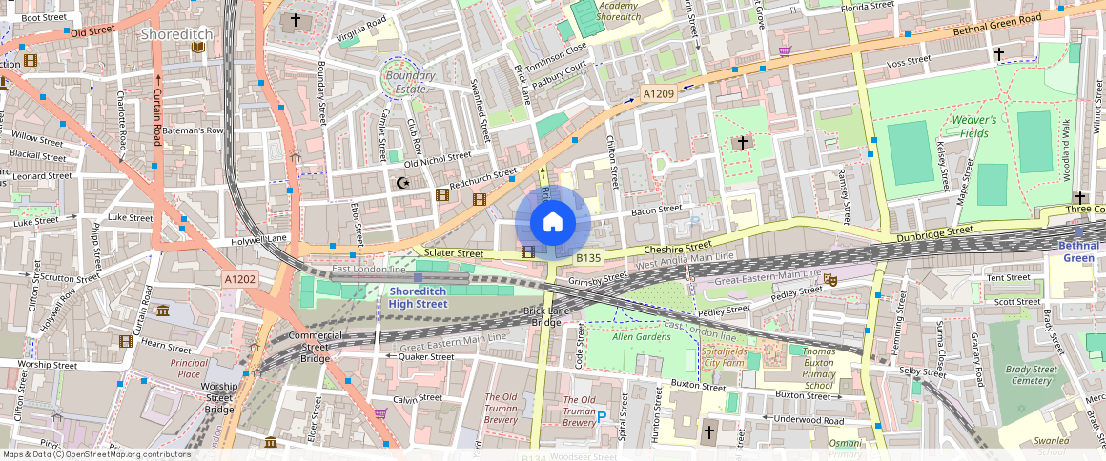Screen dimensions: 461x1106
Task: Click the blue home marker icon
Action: tap(553, 223)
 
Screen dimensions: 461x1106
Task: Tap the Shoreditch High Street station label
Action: tap(418, 297)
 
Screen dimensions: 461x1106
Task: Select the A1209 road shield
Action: tap(658, 93)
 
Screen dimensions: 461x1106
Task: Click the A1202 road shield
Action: tap(239, 279)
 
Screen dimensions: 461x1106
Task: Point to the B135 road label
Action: tap(588, 258)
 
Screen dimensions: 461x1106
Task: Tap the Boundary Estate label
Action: tap(410, 82)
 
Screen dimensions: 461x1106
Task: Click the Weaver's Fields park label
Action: tap(973, 128)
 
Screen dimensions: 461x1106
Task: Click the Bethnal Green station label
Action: tap(1078, 251)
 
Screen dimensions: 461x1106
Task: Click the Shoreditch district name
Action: tap(176, 34)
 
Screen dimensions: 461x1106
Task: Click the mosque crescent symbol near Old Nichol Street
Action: tap(401, 181)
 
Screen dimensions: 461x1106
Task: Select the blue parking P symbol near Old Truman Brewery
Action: tap(601, 416)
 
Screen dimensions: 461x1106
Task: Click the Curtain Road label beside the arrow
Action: tap(158, 119)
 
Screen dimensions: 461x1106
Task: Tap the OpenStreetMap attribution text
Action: tap(96, 454)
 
